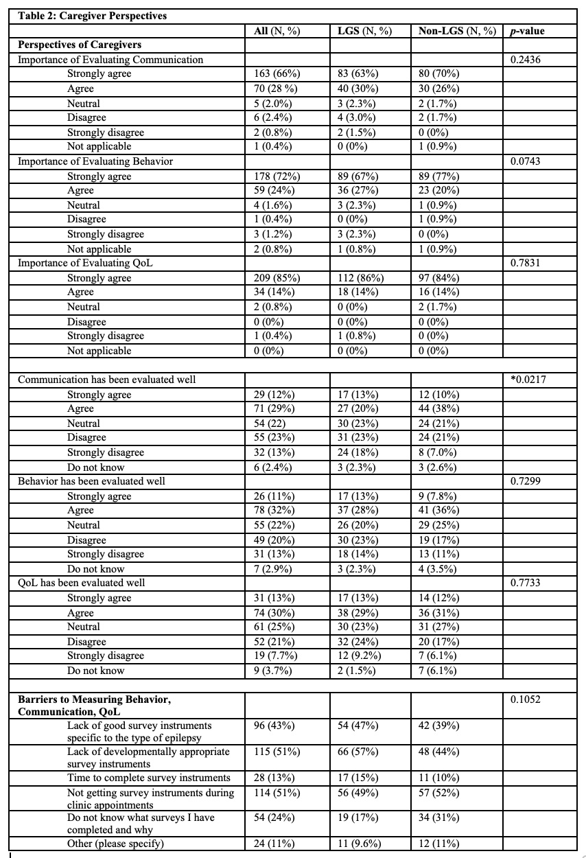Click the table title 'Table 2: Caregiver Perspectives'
tap(93, 16)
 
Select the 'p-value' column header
tap(529, 31)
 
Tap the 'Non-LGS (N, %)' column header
tap(456, 31)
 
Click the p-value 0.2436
tap(526, 60)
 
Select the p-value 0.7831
tap(526, 263)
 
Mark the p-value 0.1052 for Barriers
tap(526, 699)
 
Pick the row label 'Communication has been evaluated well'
tap(107, 380)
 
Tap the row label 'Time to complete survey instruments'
tap(149, 778)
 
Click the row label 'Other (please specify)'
tap(116, 844)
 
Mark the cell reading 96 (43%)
tap(271, 726)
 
